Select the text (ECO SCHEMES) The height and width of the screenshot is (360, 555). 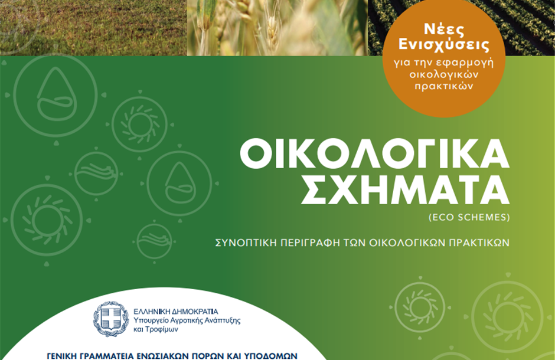coord(469,217)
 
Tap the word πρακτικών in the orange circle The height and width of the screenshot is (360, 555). coord(443,86)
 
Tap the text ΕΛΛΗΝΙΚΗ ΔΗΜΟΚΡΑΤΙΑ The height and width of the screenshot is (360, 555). coord(176,312)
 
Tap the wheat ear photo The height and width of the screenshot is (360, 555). coord(277,28)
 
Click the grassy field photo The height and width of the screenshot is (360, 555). coord(93,28)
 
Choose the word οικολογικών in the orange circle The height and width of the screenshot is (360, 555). coord(444,74)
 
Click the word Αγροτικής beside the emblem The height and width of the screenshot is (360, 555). coord(181,320)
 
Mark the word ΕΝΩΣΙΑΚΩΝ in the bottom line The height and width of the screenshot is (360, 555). coord(165,356)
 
